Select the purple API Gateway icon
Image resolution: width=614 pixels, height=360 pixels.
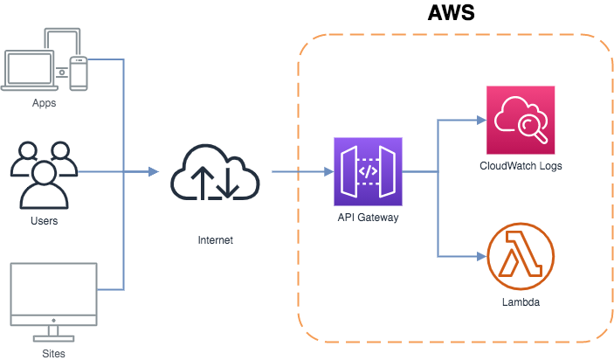tap(368, 171)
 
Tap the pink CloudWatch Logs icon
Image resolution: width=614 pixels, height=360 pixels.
tap(521, 120)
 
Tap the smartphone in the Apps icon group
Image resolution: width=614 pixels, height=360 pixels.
tap(79, 73)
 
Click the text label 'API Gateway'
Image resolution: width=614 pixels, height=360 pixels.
tap(368, 218)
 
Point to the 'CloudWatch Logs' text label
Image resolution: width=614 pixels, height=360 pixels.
tap(521, 166)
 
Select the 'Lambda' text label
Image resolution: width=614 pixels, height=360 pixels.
tap(521, 302)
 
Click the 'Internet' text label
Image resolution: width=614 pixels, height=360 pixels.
tap(215, 239)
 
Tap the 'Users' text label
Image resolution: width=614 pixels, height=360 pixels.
tap(44, 221)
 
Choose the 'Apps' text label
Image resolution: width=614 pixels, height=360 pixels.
tap(44, 103)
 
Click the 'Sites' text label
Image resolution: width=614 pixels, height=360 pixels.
tap(52, 353)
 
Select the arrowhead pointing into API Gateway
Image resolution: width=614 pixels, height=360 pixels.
tap(325, 172)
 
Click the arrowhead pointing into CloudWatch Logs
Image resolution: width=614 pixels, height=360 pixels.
tap(481, 120)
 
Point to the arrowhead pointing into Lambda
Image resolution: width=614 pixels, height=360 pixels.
tap(481, 256)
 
